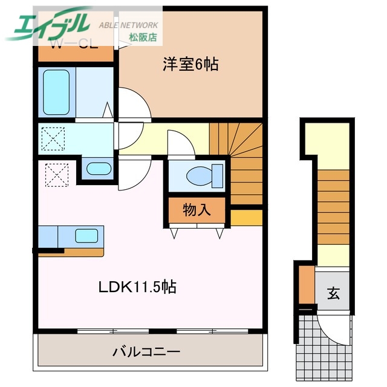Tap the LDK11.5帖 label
(x=137, y=288)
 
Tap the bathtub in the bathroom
(x=56, y=92)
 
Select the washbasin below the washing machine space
(x=96, y=169)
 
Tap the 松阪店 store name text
(x=143, y=37)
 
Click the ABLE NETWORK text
(x=128, y=25)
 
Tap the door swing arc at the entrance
(x=331, y=330)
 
